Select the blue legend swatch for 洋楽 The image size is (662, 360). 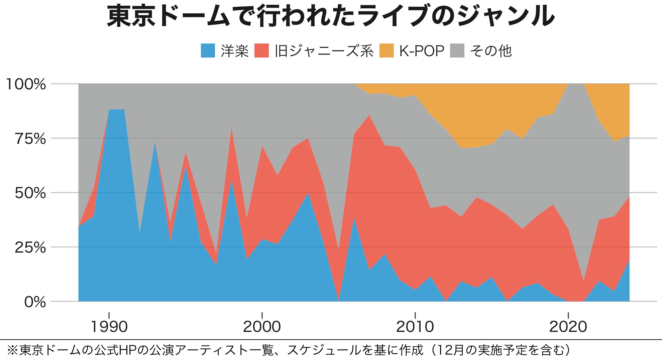tap(208, 51)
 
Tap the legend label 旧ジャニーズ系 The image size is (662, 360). tap(324, 51)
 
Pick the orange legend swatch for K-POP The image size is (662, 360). tap(387, 51)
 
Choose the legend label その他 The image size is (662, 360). tap(490, 51)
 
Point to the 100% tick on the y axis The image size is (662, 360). tap(26, 84)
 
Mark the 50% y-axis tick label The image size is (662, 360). tap(30, 193)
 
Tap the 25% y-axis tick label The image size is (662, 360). tap(30, 248)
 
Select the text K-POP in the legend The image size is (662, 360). tap(422, 51)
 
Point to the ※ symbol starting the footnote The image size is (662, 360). tap(12, 350)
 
